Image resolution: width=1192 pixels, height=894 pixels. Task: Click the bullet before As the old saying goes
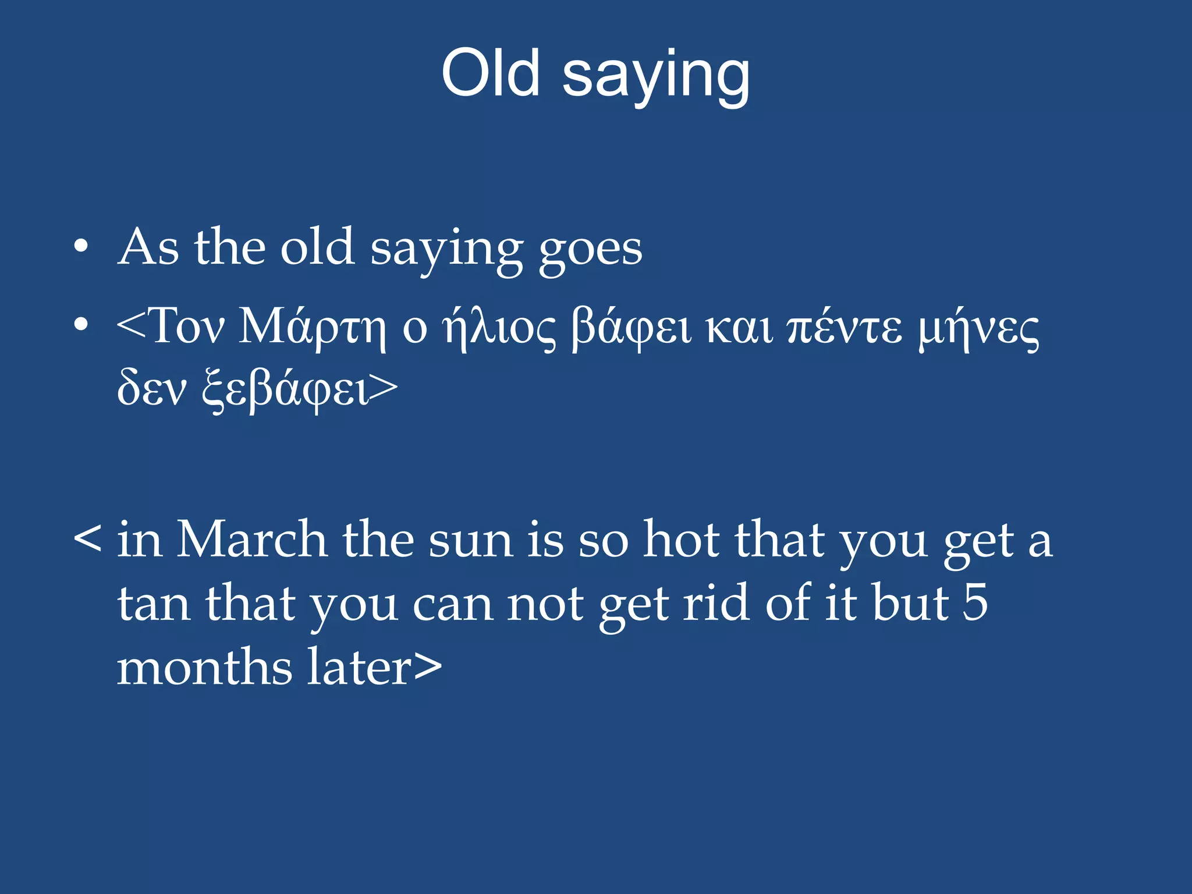pyautogui.click(x=81, y=247)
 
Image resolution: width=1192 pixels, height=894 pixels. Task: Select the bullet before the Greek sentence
pyautogui.click(x=81, y=325)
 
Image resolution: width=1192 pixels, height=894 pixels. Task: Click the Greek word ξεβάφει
pyautogui.click(x=285, y=389)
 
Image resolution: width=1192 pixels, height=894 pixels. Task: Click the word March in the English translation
pyautogui.click(x=251, y=540)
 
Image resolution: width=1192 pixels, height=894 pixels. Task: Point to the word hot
pyautogui.click(x=681, y=540)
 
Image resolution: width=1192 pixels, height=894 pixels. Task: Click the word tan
pyautogui.click(x=154, y=604)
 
